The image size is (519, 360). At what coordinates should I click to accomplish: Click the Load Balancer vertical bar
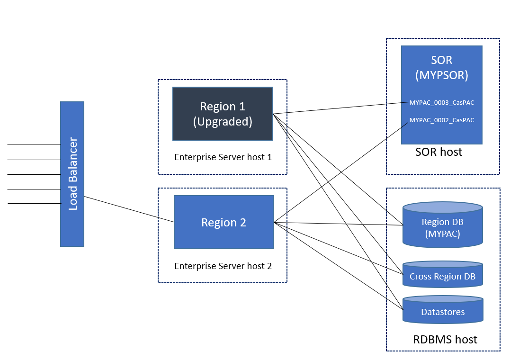pos(72,174)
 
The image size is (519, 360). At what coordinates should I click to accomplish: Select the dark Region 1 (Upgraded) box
pos(223,114)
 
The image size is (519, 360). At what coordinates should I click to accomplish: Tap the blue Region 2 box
pos(224,222)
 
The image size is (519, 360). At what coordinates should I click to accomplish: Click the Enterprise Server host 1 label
pos(223,157)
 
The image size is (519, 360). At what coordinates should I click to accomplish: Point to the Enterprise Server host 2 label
pos(223,266)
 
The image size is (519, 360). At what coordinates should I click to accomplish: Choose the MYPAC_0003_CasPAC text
pos(441,103)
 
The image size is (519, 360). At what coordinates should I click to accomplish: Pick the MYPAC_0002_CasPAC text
pos(441,120)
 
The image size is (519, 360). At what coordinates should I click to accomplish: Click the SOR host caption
pos(438,152)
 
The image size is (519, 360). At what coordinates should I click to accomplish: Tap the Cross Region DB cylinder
pos(443,276)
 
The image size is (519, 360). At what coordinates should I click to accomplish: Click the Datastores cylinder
pos(443,312)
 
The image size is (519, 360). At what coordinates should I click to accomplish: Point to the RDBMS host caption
pos(445,340)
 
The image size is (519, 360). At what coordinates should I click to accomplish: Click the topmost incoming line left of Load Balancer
pos(33,144)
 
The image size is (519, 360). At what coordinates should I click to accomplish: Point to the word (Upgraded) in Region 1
pos(223,122)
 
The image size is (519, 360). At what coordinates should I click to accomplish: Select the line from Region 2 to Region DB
pos(339,224)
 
